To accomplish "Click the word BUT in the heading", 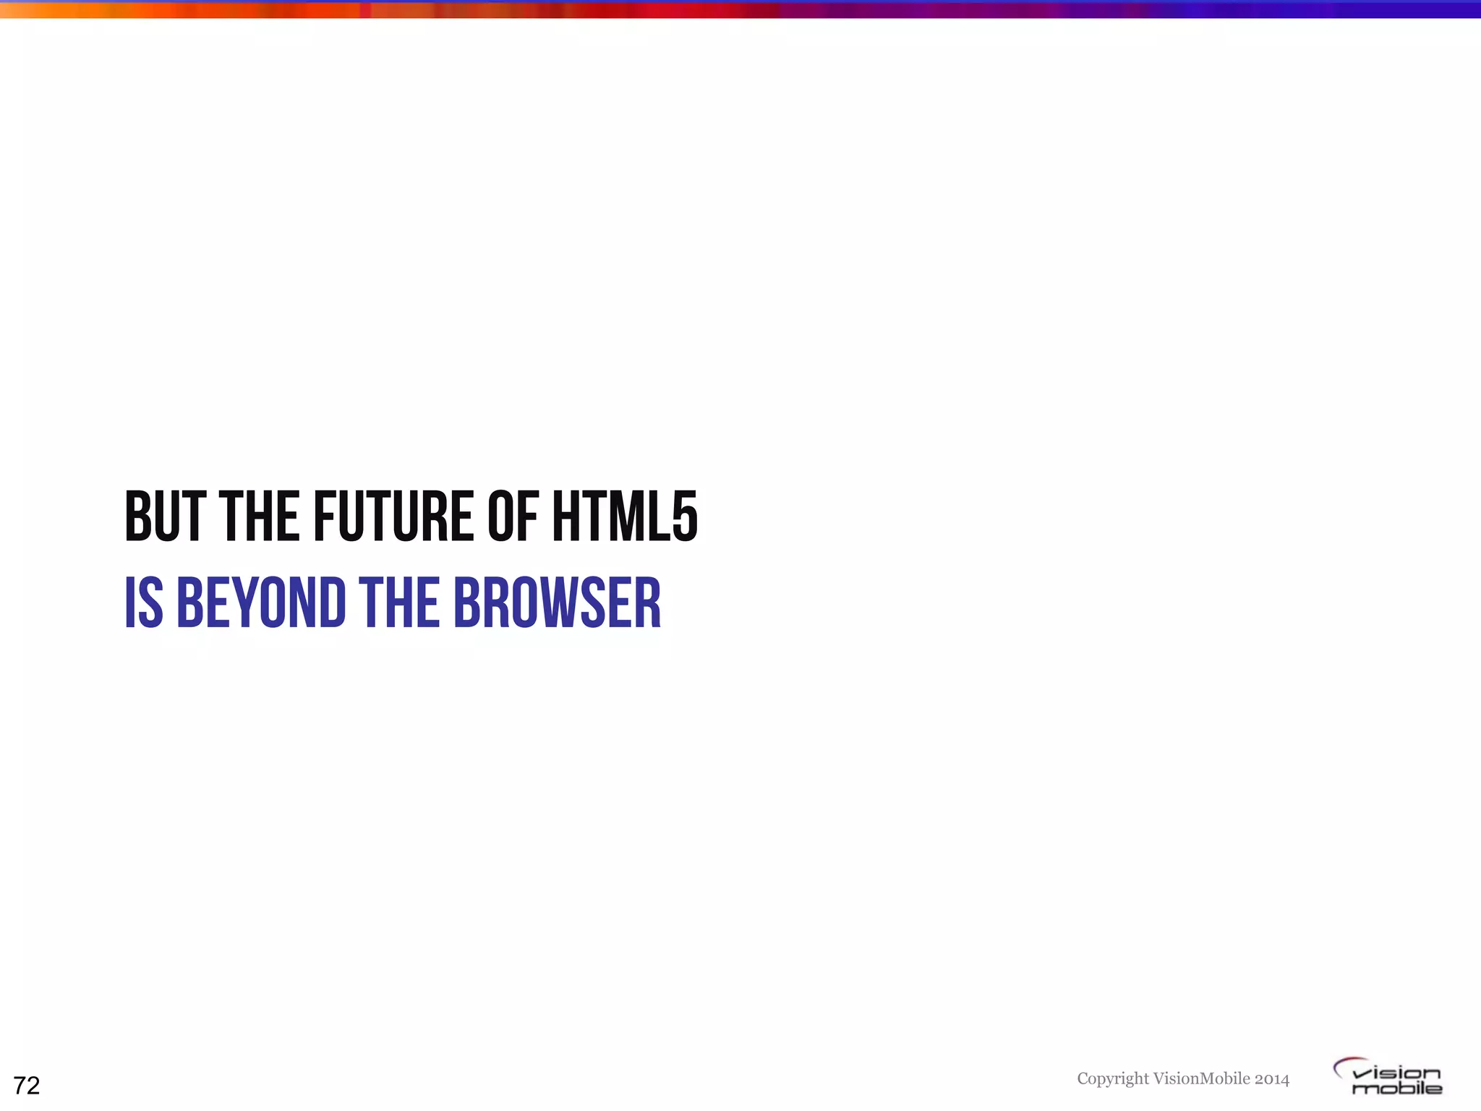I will [165, 516].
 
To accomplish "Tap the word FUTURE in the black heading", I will [393, 516].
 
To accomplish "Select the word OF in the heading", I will [513, 516].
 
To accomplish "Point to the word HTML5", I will [626, 516].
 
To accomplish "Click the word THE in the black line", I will [259, 516].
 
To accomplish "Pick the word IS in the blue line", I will [144, 603].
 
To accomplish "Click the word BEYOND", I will [261, 603].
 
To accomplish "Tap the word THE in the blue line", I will [398, 603].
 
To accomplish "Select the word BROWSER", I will [557, 603].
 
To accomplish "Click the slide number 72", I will [27, 1086].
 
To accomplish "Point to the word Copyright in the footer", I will [1112, 1079].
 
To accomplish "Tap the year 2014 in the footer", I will [1272, 1079].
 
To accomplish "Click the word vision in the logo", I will [1397, 1073].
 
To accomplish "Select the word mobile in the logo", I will [1397, 1089].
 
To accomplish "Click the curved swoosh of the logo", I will [1346, 1064].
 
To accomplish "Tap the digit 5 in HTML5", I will [685, 516].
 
